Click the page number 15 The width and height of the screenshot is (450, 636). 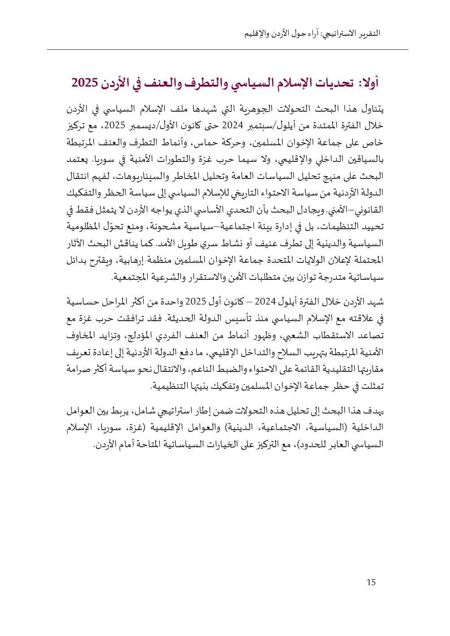pos(371,583)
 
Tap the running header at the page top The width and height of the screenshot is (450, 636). pos(312,34)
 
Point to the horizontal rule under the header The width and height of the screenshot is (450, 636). pos(228,50)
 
